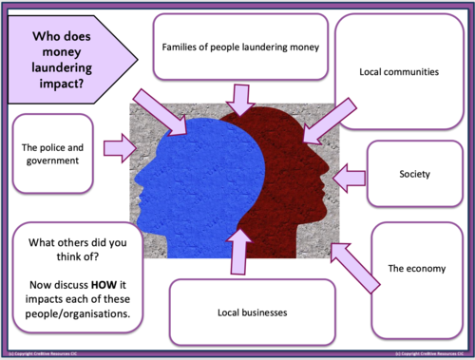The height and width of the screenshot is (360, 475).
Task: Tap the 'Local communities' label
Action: [x=399, y=71]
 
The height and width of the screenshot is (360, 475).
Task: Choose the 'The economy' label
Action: [x=415, y=269]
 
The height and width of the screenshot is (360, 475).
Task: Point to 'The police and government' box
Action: [x=53, y=154]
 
